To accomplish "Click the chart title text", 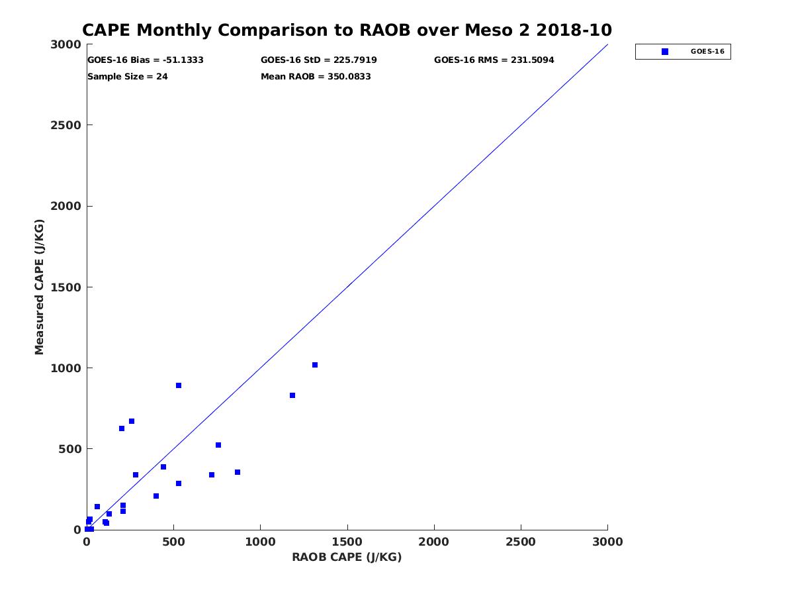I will tap(347, 30).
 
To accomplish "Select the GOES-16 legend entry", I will tap(683, 52).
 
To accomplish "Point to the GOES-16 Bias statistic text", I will tap(146, 60).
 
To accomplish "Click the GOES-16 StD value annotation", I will tap(319, 60).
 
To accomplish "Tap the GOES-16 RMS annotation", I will tap(494, 60).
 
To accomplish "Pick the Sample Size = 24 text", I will tap(128, 77).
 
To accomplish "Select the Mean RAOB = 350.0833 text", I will tap(316, 77).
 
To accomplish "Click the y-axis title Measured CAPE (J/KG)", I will tap(40, 287).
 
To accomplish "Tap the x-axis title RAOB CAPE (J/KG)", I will tap(347, 557).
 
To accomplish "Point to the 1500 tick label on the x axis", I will tap(347, 542).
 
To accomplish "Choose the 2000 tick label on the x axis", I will tap(434, 542).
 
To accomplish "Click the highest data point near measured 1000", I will tap(315, 365).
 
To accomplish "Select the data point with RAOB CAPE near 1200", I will tap(292, 395).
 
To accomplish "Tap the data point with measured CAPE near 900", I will tap(179, 385).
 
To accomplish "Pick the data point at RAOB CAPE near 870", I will tap(238, 472).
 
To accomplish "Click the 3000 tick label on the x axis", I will tap(607, 542).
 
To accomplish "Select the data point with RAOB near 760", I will tap(218, 445).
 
